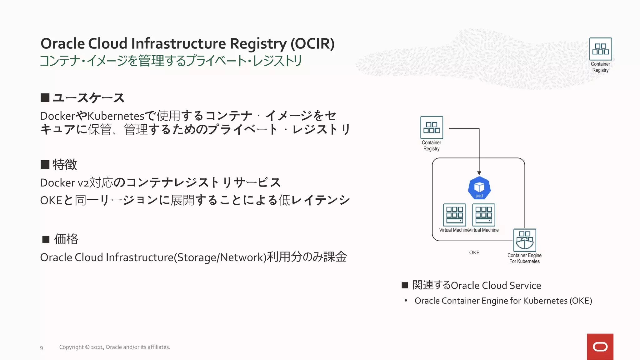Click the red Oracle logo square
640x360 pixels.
[x=600, y=347]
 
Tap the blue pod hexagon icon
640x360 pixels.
[x=479, y=188]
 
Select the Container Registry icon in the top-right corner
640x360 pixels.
[x=600, y=49]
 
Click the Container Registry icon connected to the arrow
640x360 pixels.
[x=432, y=127]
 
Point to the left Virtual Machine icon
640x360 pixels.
[x=454, y=215]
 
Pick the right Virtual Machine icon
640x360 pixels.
[x=483, y=215]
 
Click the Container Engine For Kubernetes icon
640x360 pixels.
[x=524, y=240]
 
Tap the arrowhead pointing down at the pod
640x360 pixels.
[x=479, y=173]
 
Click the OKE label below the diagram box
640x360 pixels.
[x=474, y=252]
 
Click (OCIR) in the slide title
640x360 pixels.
[x=312, y=44]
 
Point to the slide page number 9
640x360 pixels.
[x=42, y=348]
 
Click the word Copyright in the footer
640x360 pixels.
[x=71, y=347]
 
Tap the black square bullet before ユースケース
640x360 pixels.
[x=45, y=98]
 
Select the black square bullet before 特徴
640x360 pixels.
[x=45, y=164]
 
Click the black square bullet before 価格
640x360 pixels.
[x=46, y=239]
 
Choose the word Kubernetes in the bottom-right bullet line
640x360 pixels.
[x=545, y=301]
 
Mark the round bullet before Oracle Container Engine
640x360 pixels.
[x=406, y=301]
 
